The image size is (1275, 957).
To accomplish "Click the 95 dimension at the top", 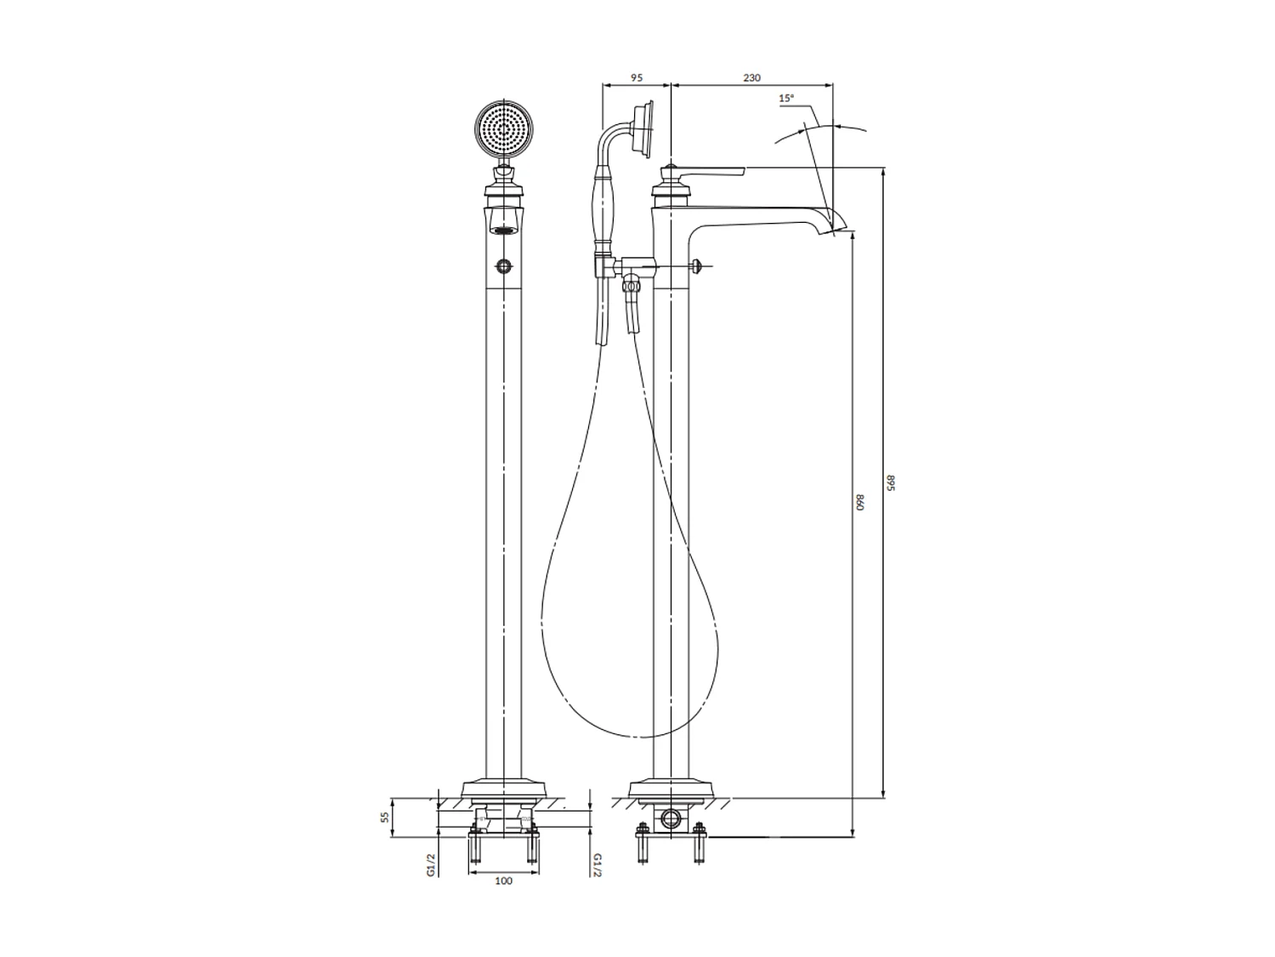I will (636, 77).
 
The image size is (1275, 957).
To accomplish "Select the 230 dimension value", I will (751, 77).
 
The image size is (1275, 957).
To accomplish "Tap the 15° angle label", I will (786, 99).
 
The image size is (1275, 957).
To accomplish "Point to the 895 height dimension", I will (891, 482).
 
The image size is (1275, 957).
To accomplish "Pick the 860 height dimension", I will (859, 502).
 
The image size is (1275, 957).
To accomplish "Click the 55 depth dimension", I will (385, 817).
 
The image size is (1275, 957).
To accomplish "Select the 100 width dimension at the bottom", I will (503, 880).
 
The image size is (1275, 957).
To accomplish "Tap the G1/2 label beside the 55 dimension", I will (431, 864).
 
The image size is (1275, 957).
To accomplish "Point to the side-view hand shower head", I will (644, 129).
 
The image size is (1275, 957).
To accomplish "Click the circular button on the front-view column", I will (504, 267).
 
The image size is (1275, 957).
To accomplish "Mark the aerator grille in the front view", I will (504, 230).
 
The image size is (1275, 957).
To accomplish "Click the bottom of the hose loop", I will (637, 736).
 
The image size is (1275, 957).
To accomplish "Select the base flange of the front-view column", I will (503, 789).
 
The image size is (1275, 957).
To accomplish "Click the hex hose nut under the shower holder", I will (631, 287).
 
